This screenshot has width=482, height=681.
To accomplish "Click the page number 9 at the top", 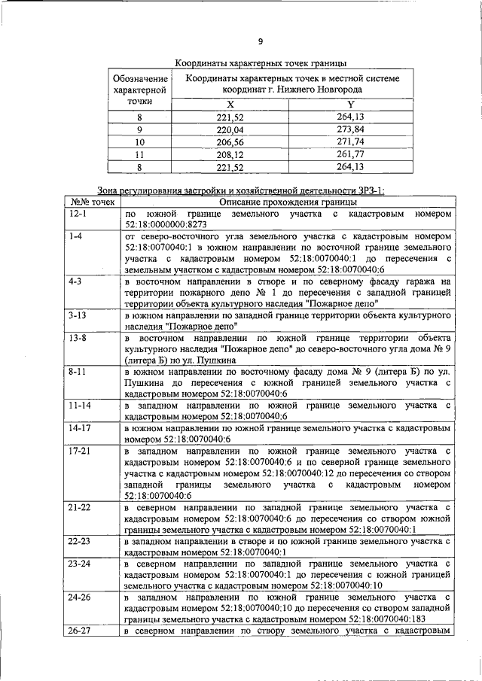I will tap(260, 41).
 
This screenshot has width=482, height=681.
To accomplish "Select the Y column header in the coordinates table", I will tap(350, 104).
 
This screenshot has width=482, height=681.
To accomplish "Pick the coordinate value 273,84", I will tap(350, 129).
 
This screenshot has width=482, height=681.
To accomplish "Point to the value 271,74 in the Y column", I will tap(350, 141).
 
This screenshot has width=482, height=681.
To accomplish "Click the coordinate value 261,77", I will tap(350, 154).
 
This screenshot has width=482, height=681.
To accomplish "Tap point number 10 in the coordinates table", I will tap(139, 141).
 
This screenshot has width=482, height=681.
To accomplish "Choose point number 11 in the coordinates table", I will tap(139, 154).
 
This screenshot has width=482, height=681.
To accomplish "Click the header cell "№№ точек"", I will tap(92, 202).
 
